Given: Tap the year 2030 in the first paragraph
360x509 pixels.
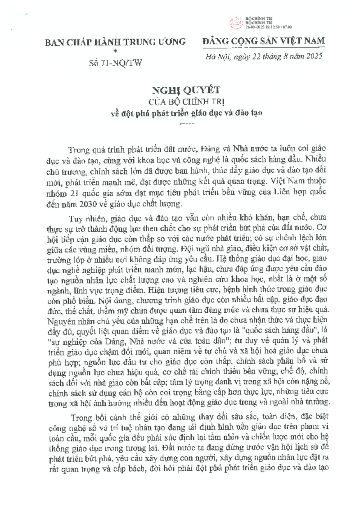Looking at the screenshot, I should click(82, 204).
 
